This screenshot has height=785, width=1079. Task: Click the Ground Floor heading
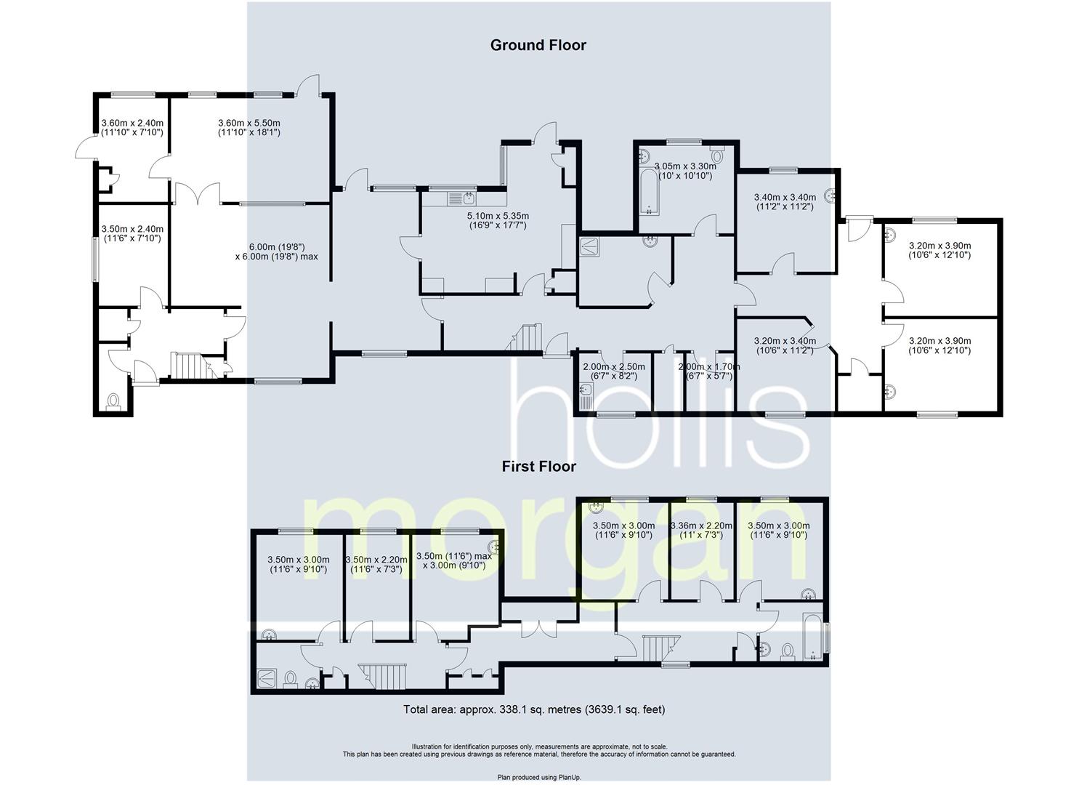point(538,45)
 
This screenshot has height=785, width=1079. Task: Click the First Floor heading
point(538,467)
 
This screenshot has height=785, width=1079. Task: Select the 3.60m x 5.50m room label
point(249,128)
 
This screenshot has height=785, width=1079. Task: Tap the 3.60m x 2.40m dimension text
point(132,128)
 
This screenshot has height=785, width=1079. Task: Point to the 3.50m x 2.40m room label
point(132,234)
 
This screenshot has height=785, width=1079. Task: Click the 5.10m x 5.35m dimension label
point(498,221)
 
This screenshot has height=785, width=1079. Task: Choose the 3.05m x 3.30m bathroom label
point(684,171)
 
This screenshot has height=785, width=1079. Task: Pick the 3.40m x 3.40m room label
point(785,202)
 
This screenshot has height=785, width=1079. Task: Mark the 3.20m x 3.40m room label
point(785,345)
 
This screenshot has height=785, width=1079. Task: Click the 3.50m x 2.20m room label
point(376,564)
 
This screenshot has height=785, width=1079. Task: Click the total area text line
point(534,709)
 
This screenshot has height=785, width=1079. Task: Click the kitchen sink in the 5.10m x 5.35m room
point(461,198)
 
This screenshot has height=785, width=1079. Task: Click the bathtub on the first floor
point(811,638)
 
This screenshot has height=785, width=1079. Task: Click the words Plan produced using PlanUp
point(539,777)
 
